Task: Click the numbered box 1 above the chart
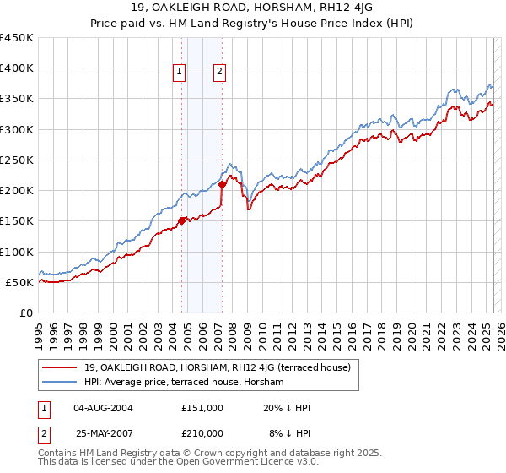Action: pos(180,73)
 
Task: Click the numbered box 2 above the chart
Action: pos(218,73)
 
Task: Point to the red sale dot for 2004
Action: pos(181,221)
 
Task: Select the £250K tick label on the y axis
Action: pos(17,160)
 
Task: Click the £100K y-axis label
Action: pos(17,252)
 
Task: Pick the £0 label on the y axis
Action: pos(27,313)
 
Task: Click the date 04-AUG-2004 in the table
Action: pos(108,407)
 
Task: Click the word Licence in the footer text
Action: pos(229,463)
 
